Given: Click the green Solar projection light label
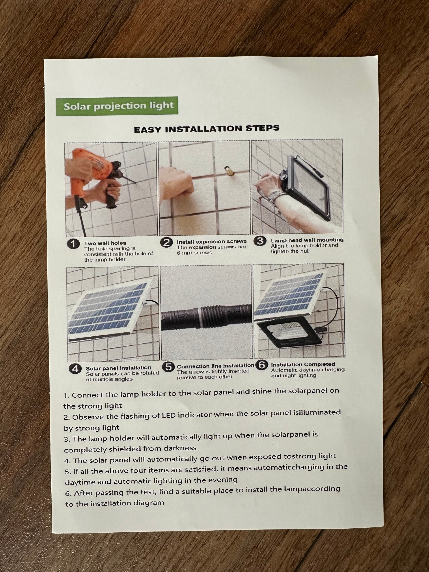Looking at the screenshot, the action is [117, 106].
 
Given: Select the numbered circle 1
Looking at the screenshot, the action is [73, 244].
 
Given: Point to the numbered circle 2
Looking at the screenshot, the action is [166, 242].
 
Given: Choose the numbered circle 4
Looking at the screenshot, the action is [75, 369].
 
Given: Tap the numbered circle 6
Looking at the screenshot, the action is [262, 365].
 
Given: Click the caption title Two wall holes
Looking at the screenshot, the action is [105, 243].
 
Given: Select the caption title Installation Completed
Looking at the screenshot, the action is [303, 364].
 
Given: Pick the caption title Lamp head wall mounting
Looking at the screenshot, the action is [307, 240].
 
